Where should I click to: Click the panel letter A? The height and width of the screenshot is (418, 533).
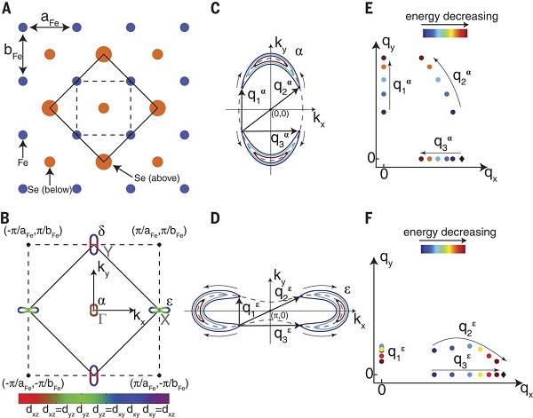(x=8, y=8)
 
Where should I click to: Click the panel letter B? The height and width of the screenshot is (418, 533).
(x=7, y=215)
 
